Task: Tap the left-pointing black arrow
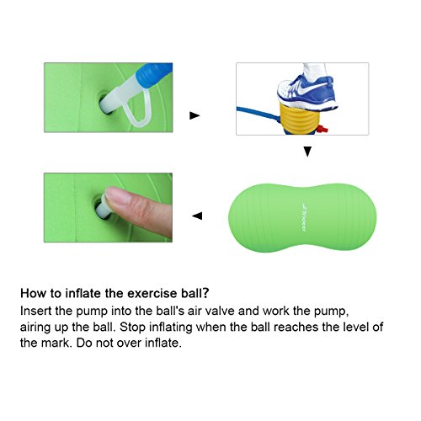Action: pyautogui.click(x=196, y=216)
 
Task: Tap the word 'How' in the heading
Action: pyautogui.click(x=32, y=295)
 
